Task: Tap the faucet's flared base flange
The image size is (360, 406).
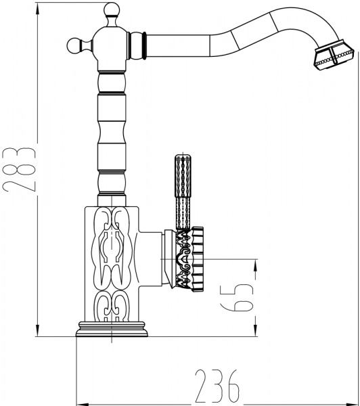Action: click(x=112, y=330)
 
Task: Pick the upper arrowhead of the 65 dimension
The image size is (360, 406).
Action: click(x=254, y=264)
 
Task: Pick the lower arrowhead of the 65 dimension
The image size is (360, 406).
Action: click(x=254, y=330)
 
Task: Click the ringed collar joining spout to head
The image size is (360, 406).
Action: click(x=142, y=45)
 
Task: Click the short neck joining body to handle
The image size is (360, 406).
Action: click(x=166, y=258)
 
